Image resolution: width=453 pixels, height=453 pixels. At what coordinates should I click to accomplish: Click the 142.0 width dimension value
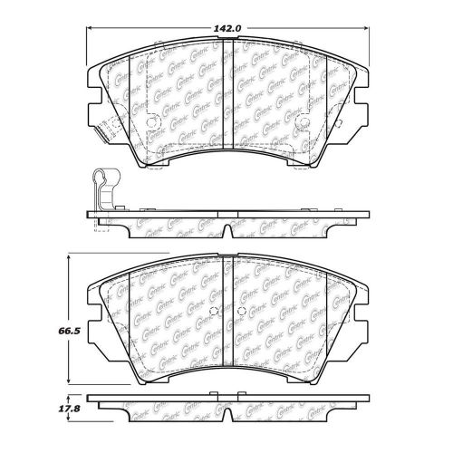point(226,27)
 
